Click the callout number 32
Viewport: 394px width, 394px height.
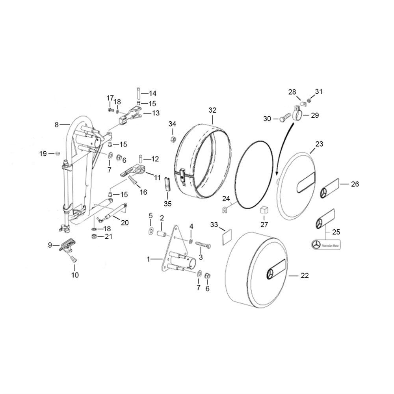click(x=212, y=110)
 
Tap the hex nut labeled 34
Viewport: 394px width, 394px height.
click(x=173, y=139)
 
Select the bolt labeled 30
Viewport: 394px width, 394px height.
click(x=285, y=118)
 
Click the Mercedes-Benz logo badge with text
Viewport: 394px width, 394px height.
click(x=326, y=245)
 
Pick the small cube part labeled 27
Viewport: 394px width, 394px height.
click(x=264, y=209)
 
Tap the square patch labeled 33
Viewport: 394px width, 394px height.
click(x=227, y=237)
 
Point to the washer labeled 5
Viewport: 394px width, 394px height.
click(x=151, y=230)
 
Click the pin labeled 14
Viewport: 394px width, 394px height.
click(x=138, y=93)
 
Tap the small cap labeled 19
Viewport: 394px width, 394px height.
click(x=58, y=153)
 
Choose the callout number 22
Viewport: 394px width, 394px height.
click(x=305, y=276)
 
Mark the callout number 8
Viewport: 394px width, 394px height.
click(x=56, y=125)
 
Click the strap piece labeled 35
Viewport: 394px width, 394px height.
click(x=167, y=184)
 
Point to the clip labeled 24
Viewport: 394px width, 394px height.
click(x=225, y=209)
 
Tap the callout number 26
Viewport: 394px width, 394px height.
click(x=355, y=184)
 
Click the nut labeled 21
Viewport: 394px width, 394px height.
click(x=94, y=236)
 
